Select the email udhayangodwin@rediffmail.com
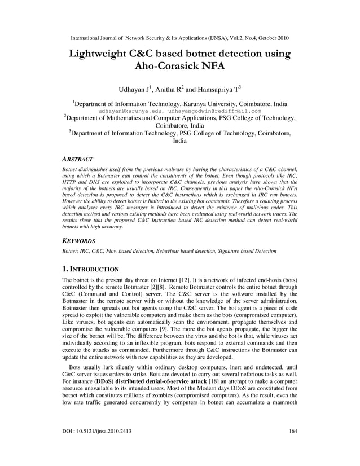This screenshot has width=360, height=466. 214,112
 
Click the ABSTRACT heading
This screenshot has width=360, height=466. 77,160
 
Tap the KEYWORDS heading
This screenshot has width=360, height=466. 79,240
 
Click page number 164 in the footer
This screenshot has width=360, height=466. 292,431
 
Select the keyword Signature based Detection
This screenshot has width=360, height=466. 245,250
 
